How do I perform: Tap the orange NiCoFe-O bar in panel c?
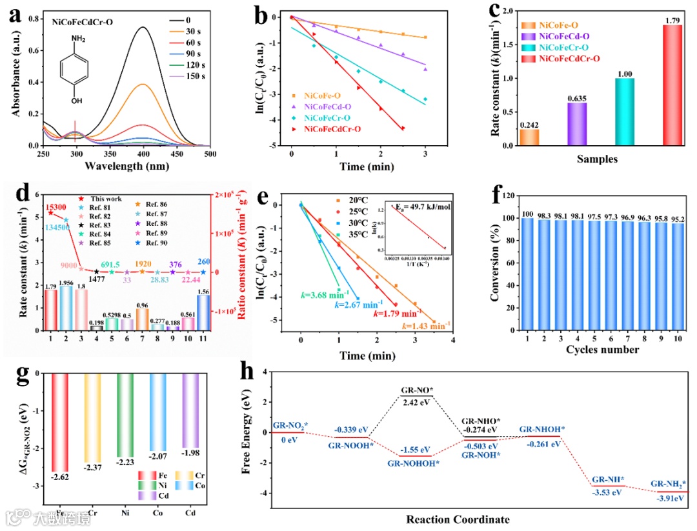pyautogui.click(x=529, y=137)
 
